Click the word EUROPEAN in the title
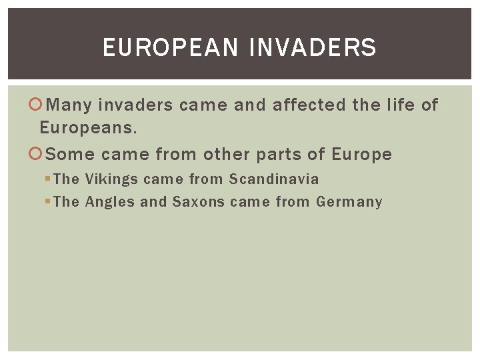pos(170,48)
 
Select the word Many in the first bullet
pos(70,105)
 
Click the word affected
pos(309,105)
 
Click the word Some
pos(71,155)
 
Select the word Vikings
pos(111,179)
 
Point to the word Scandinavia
pos(274,179)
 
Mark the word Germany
pos(349,202)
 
